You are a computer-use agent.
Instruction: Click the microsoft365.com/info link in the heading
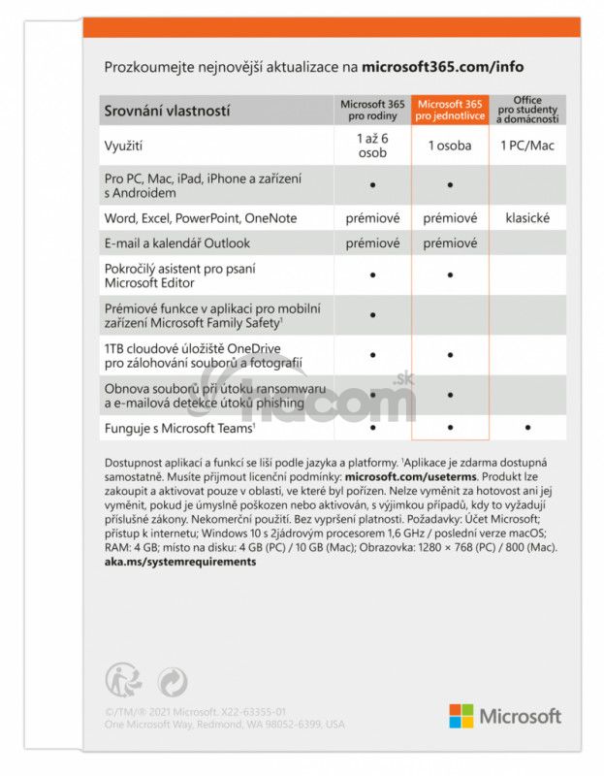pyautogui.click(x=442, y=67)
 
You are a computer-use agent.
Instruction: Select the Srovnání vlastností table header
pyautogui.click(x=167, y=112)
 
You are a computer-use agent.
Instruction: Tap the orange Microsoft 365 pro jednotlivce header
pyautogui.click(x=450, y=111)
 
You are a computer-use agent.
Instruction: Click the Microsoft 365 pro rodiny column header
pyautogui.click(x=372, y=111)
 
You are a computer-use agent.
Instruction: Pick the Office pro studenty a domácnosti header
pyautogui.click(x=526, y=111)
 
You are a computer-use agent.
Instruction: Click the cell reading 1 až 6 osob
pyautogui.click(x=372, y=145)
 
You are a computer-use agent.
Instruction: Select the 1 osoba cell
pyautogui.click(x=450, y=145)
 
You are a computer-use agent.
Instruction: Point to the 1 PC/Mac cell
pyautogui.click(x=526, y=145)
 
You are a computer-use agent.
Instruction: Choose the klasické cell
pyautogui.click(x=526, y=218)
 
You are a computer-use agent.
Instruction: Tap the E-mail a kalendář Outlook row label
pyautogui.click(x=176, y=243)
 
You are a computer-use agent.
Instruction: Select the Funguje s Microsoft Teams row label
pyautogui.click(x=178, y=427)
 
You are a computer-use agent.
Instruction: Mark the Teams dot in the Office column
pyautogui.click(x=526, y=427)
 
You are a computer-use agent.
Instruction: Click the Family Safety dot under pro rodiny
pyautogui.click(x=372, y=315)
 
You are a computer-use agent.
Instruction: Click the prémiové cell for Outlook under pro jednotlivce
pyautogui.click(x=450, y=243)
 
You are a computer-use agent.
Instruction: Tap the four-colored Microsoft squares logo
pyautogui.click(x=461, y=716)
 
